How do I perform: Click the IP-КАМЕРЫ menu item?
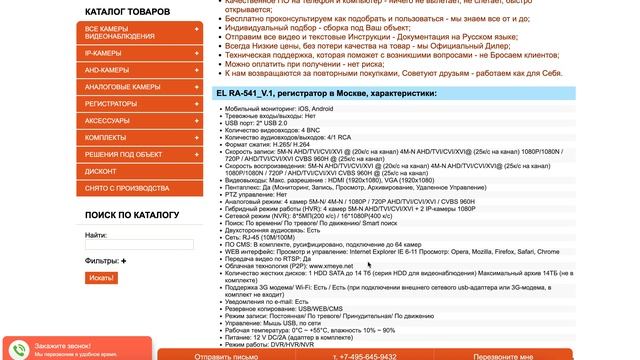point(105,51)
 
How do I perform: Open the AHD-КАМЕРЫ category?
point(108,70)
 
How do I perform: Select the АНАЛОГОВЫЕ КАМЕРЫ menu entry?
point(123,87)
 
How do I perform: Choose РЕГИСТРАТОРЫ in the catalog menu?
point(112,103)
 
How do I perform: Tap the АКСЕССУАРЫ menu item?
point(108,120)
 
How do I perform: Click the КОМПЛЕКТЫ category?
point(106,137)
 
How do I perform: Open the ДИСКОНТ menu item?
point(101,171)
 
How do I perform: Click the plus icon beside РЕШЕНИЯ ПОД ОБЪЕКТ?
point(196,154)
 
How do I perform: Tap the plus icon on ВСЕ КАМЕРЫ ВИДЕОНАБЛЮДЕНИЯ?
point(196,30)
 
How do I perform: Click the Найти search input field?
point(125,245)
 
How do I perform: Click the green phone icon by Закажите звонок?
point(20,348)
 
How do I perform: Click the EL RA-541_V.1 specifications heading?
point(326,94)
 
